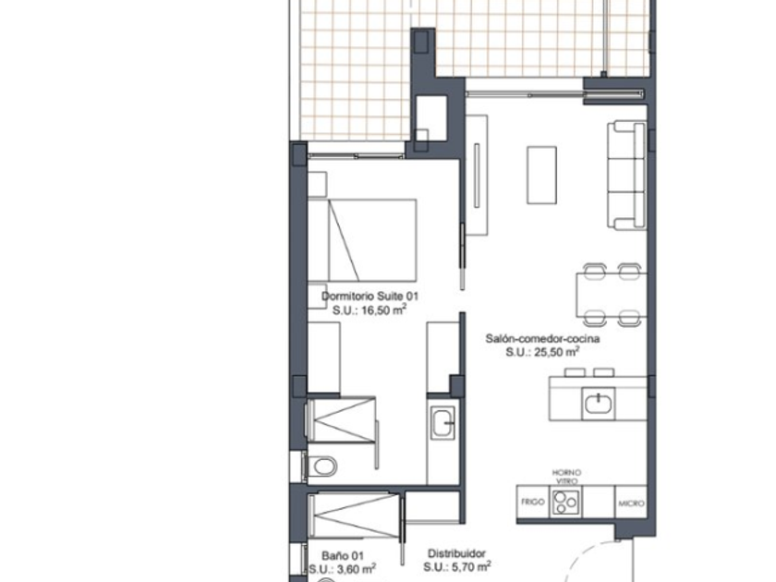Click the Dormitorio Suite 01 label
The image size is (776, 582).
(370, 296)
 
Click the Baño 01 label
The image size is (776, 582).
(343, 556)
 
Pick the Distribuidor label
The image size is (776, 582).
(456, 553)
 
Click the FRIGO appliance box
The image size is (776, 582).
(532, 502)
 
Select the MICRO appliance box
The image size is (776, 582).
(631, 503)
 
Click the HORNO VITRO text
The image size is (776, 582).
(566, 477)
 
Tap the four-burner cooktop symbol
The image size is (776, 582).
(565, 503)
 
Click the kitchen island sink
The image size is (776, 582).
(599, 404)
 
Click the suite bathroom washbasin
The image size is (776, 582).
(443, 423)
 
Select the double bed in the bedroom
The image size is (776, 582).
(362, 240)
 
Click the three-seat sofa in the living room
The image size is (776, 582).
(627, 176)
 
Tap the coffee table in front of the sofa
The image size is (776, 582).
(541, 175)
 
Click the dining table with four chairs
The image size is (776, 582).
(612, 295)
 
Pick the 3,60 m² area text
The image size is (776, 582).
(343, 569)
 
